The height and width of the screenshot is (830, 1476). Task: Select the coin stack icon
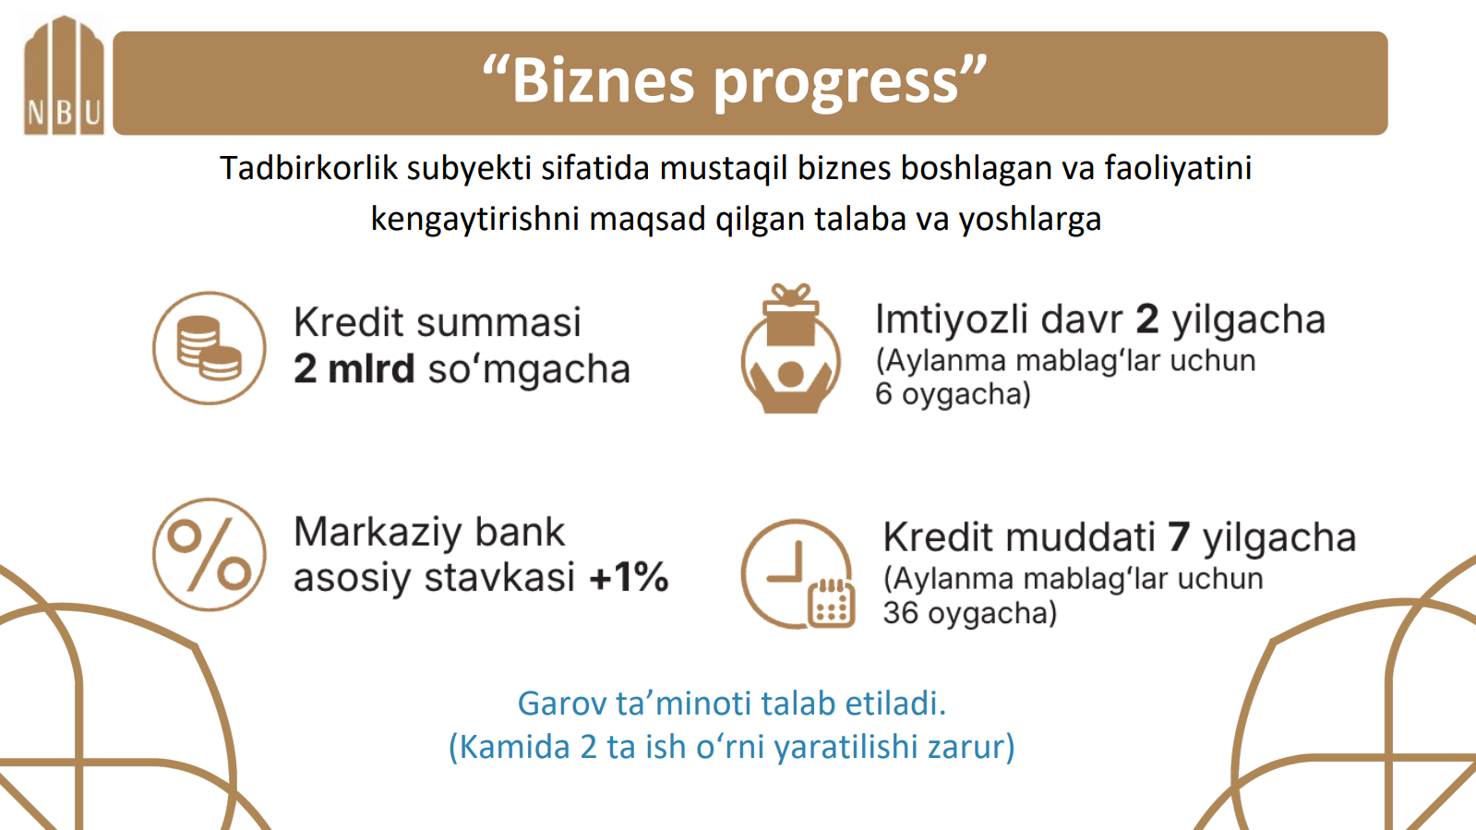(210, 348)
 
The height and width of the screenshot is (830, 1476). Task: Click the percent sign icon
(210, 555)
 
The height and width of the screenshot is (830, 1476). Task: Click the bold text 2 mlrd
(354, 369)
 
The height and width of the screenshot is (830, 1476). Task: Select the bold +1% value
(629, 578)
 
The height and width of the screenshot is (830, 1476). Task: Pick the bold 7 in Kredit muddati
(1179, 537)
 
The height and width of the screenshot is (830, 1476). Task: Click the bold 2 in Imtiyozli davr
(1146, 319)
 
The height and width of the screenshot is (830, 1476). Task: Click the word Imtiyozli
(952, 319)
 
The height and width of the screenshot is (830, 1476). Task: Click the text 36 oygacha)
(969, 613)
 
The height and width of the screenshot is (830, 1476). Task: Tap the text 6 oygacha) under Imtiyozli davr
(953, 394)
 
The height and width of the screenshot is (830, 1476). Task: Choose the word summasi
(498, 323)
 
